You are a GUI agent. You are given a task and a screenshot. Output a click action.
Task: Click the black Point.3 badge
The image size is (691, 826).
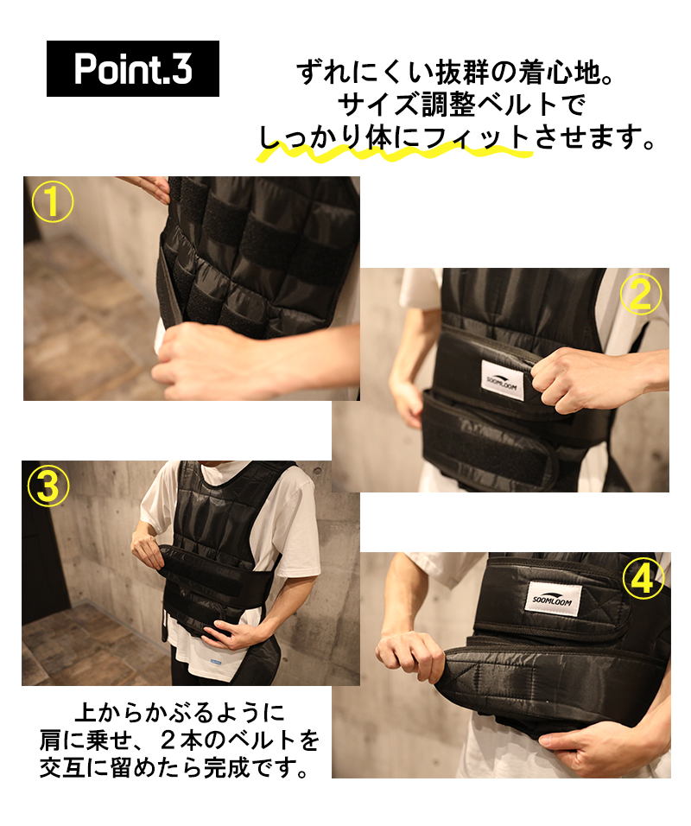133,68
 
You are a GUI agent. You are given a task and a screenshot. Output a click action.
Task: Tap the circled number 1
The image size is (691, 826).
53,202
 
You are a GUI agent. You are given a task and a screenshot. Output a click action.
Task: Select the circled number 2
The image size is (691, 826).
640,294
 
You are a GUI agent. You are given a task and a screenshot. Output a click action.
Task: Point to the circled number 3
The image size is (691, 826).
48,486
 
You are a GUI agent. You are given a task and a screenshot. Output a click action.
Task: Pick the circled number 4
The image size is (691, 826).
643,580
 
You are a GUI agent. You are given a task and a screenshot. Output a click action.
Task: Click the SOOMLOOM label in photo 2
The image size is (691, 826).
503,380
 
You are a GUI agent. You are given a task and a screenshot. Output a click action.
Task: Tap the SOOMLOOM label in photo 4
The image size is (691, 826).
553,599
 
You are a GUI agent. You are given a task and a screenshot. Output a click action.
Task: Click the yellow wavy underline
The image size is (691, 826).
394,152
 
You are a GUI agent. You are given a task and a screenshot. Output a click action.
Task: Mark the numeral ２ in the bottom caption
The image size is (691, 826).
168,740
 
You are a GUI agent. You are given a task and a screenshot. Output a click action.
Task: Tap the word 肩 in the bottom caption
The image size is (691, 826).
51,740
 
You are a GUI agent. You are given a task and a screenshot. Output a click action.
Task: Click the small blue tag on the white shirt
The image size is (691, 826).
215,661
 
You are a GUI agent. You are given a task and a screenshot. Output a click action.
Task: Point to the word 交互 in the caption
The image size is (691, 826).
62,769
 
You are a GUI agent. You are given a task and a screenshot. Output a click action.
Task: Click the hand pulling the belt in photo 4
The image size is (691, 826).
409,655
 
